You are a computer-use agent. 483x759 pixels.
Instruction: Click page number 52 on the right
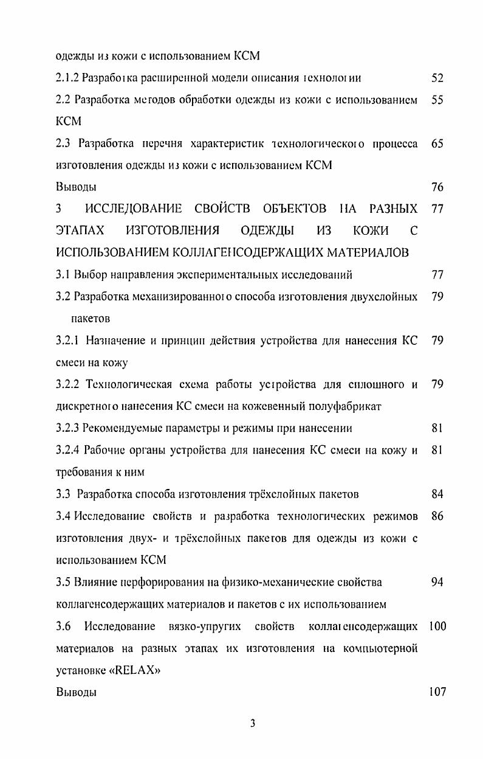pos(437,78)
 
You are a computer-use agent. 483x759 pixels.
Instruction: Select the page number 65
pos(437,144)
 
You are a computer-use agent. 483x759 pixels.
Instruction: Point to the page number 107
pos(436,692)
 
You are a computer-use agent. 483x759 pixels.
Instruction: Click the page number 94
pos(437,582)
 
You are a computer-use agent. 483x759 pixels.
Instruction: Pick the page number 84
pos(437,494)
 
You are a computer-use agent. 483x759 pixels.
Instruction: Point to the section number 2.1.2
pos(67,78)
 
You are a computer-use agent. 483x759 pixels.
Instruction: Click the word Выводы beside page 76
pos(76,187)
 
